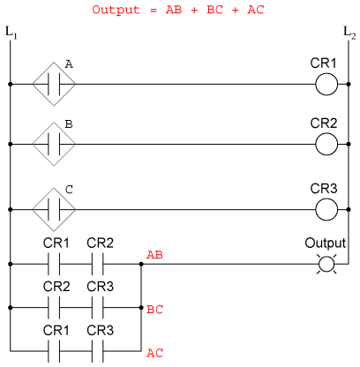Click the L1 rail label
[11, 33]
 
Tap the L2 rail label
[349, 33]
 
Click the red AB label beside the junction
[154, 255]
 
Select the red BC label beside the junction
[154, 310]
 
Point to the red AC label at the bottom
[154, 353]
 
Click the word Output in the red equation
[116, 10]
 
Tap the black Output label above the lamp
[326, 243]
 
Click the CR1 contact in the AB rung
[54, 264]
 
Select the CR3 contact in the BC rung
[97, 308]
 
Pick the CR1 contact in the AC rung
[54, 351]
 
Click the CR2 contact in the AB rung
[97, 264]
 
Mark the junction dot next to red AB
[141, 264]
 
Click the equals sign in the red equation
[154, 11]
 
